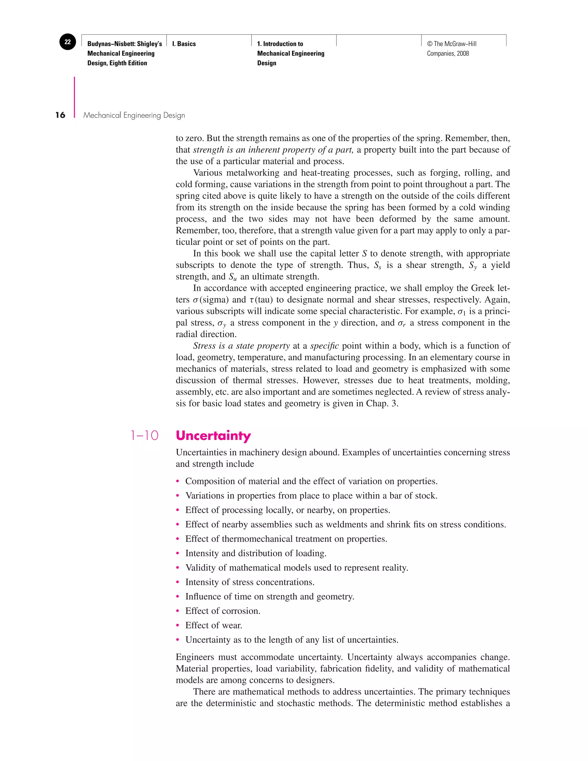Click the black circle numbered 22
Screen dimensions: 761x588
pos(67,42)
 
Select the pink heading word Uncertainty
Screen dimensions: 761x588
pos(213,436)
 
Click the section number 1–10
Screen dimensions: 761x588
pos(144,436)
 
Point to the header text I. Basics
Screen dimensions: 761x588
pos(184,44)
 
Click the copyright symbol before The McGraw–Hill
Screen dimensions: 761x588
pos(430,44)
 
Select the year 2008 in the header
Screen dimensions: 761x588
pos(463,54)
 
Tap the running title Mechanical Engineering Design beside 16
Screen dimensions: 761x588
pos(134,115)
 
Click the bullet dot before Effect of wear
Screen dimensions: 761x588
pos(178,626)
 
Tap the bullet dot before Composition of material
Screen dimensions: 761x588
pos(178,482)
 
